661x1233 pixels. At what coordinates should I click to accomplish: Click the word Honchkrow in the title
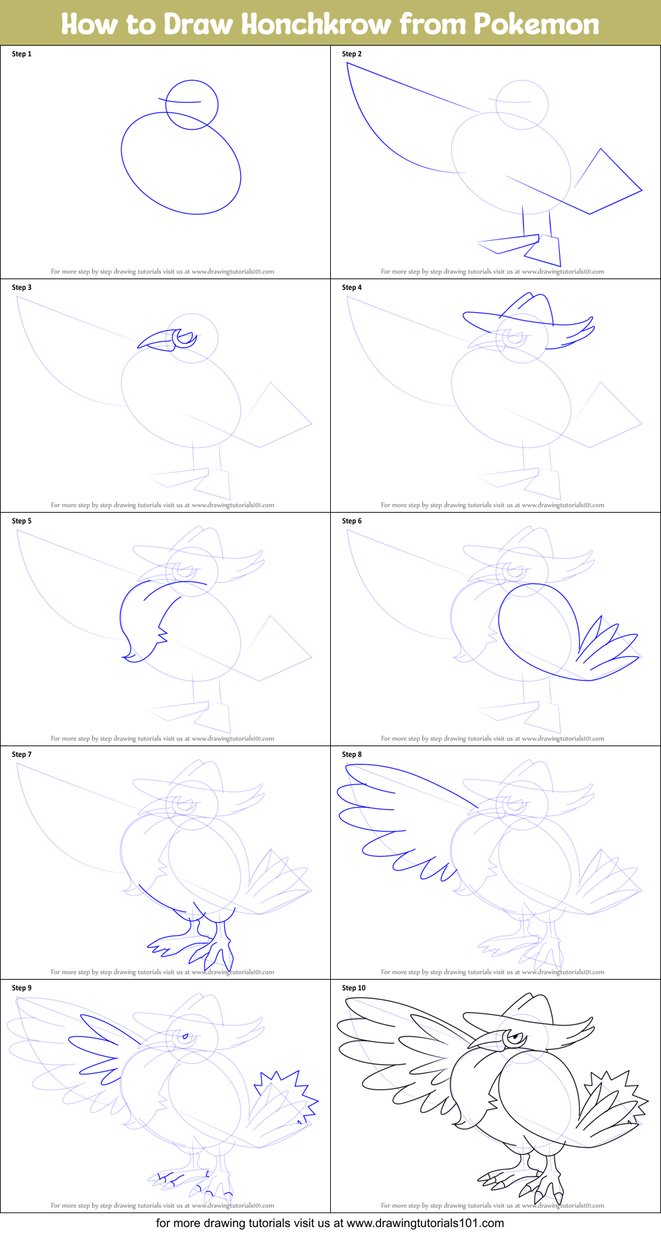(316, 24)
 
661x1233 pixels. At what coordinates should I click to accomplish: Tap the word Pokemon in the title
(536, 24)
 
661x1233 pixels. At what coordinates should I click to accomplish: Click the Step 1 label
(22, 54)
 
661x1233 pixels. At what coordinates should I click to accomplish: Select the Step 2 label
(352, 54)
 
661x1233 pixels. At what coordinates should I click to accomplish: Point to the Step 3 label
(22, 288)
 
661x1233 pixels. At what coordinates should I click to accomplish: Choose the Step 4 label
(352, 288)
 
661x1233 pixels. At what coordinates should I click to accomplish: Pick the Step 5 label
(22, 521)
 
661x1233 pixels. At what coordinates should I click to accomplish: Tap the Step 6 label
(352, 521)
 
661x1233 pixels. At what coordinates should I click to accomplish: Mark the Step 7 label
(22, 755)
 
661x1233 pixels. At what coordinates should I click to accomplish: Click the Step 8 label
(352, 755)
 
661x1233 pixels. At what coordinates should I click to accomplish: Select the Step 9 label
(22, 988)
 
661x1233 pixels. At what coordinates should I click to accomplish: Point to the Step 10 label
(354, 988)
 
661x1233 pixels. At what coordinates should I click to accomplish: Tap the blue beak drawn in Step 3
(155, 340)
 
